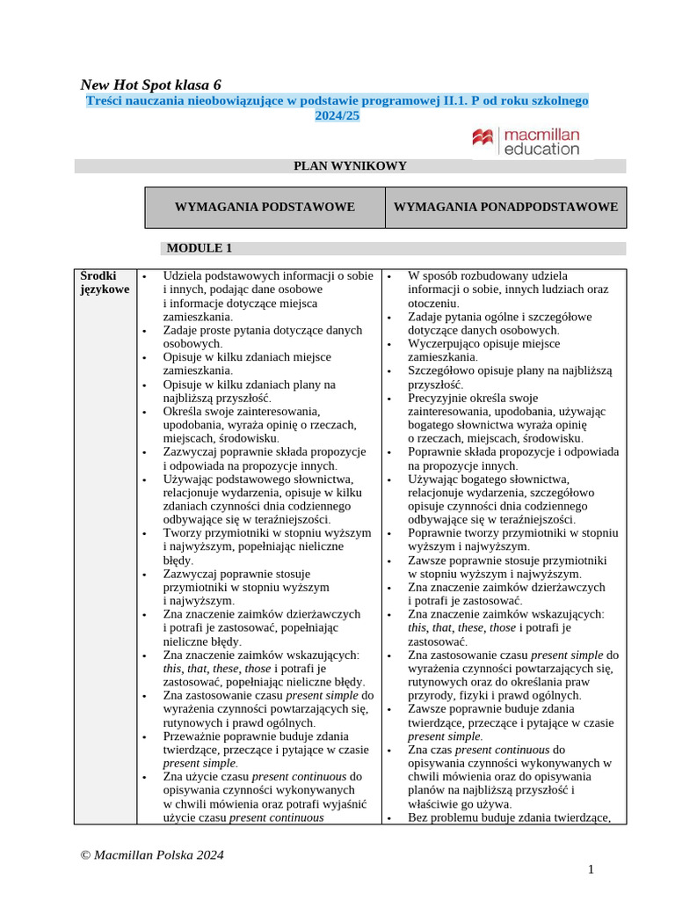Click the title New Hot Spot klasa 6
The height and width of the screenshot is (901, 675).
150,85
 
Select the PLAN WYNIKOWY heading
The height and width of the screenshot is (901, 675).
350,166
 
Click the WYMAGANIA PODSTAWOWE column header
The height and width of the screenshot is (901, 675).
265,208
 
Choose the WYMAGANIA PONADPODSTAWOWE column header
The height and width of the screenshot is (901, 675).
505,208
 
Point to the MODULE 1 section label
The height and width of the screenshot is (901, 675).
200,248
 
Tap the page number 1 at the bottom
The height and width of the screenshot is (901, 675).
592,869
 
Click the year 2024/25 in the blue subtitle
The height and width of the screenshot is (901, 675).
337,116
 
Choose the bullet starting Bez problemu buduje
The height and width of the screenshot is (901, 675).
508,817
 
